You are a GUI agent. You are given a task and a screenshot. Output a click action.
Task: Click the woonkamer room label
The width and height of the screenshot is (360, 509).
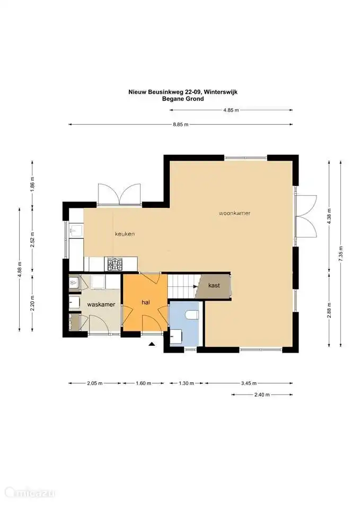pyautogui.click(x=234, y=213)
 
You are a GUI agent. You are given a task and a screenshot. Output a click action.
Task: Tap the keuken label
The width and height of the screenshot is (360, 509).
pyautogui.click(x=125, y=234)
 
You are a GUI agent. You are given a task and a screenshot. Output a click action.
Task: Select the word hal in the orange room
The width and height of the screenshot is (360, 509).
pyautogui.click(x=146, y=302)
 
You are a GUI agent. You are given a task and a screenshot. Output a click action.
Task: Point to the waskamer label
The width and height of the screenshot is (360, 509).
pyautogui.click(x=101, y=304)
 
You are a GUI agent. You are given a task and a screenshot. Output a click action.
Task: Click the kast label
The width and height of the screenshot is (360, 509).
pyautogui.click(x=214, y=285)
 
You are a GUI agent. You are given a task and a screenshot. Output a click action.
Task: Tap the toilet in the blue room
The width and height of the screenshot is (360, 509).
pyautogui.click(x=191, y=315)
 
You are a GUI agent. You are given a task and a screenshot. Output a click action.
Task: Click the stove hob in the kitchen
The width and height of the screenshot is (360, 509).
pyautogui.click(x=115, y=264)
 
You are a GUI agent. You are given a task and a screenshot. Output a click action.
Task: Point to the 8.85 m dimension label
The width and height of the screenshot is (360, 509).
pyautogui.click(x=180, y=124)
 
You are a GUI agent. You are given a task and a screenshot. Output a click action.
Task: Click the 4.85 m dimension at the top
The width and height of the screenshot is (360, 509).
pyautogui.click(x=231, y=110)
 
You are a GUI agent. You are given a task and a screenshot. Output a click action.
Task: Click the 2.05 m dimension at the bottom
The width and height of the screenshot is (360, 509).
pyautogui.click(x=94, y=383)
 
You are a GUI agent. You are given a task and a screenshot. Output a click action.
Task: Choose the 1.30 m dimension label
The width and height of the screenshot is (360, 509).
pyautogui.click(x=186, y=383)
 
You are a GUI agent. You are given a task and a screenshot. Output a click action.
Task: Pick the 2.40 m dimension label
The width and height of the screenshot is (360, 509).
pyautogui.click(x=261, y=394)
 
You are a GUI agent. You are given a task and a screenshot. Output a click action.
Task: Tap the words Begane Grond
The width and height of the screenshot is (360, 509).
pyautogui.click(x=183, y=99)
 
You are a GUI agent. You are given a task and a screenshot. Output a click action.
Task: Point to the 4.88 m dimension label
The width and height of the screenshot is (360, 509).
pyautogui.click(x=20, y=270)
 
